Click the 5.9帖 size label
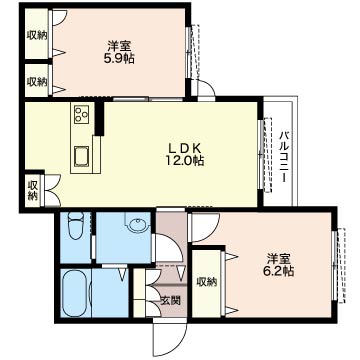point(121,59)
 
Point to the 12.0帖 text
point(186,159)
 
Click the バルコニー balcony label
point(284,156)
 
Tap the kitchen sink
point(80,155)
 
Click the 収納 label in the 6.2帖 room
point(207,282)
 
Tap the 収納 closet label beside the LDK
point(32,189)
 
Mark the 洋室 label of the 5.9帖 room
point(120,45)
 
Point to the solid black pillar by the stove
point(101,117)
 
